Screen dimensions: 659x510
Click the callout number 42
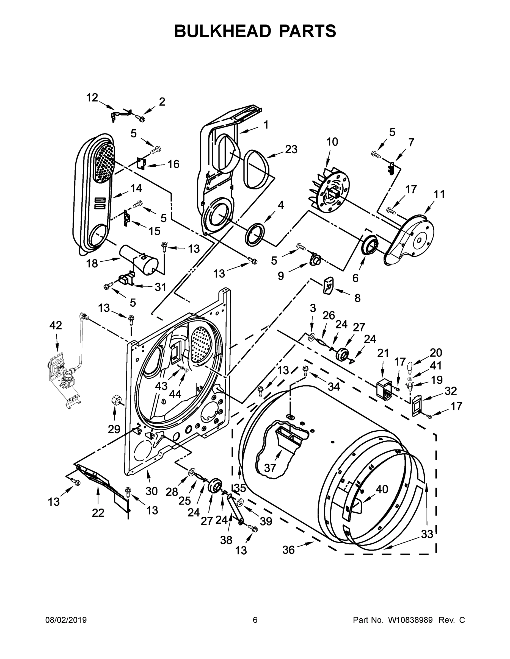[x=56, y=325]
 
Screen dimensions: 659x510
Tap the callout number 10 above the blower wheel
[x=332, y=142]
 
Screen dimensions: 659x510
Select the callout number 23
[x=291, y=149]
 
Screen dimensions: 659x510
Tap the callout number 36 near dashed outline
[x=288, y=550]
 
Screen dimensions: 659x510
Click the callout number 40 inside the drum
[x=382, y=489]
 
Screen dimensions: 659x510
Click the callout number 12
[x=92, y=97]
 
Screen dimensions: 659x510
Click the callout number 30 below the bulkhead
[x=151, y=491]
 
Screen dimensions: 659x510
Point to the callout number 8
[x=357, y=298]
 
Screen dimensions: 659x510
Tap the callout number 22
[x=98, y=513]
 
